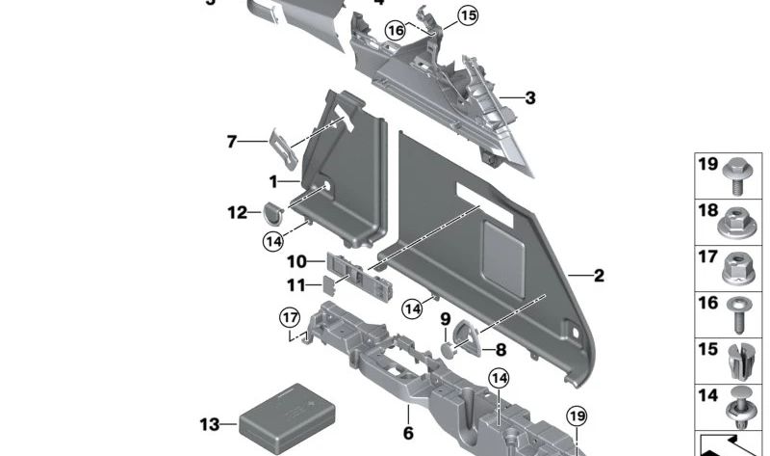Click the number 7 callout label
coord(231,142)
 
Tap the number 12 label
coord(237,212)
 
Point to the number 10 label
coord(296,261)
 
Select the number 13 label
coord(210,424)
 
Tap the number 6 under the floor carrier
coord(408,434)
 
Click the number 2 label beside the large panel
coord(599,277)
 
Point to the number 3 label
coord(530,98)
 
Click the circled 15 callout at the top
coord(467,15)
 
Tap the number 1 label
coord(273,181)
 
